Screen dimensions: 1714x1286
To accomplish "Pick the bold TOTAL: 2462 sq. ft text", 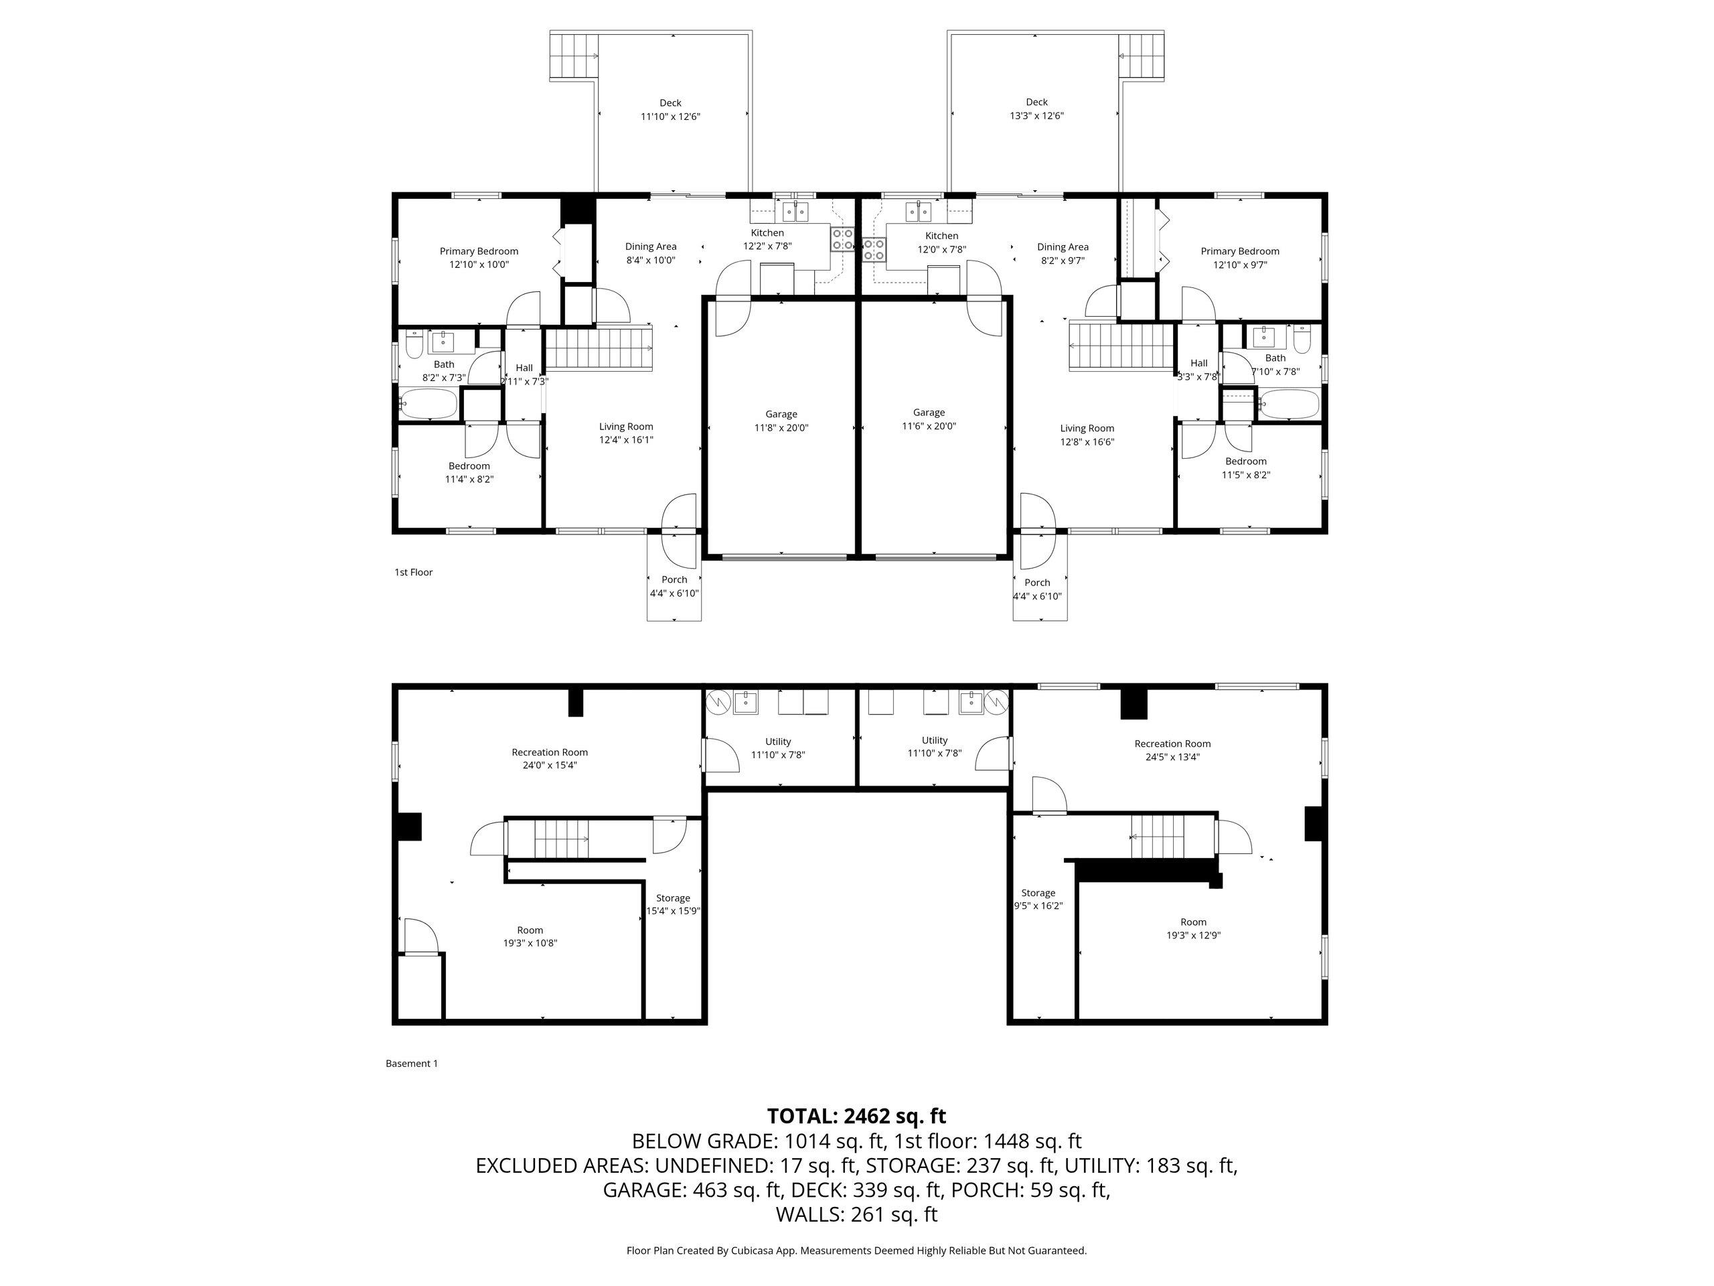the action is pos(856,1117).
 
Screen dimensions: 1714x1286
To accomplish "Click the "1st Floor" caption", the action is pos(414,573).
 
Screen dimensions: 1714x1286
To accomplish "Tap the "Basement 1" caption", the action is pos(412,1064).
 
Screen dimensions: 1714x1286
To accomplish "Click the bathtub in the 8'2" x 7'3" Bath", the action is pos(428,403).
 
